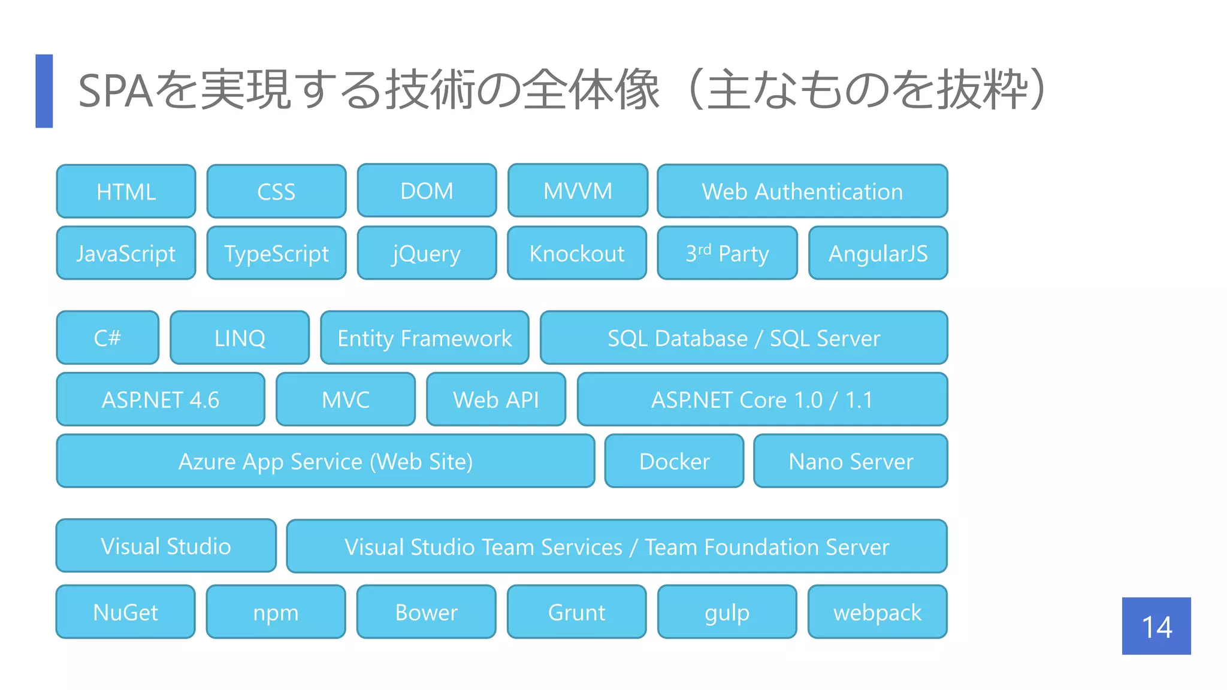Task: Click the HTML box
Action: point(126,192)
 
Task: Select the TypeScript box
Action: point(276,253)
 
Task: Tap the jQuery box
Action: point(427,253)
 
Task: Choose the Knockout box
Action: point(577,253)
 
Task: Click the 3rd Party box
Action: point(727,253)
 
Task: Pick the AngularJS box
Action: point(878,253)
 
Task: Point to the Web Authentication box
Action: point(802,192)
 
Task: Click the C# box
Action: point(108,338)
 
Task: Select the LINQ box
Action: point(240,338)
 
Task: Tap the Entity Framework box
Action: point(425,338)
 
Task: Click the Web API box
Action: point(496,400)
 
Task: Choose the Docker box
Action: point(674,461)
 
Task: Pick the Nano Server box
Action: point(851,461)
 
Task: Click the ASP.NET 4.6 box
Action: point(161,400)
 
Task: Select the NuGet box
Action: point(126,612)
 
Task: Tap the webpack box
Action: point(877,612)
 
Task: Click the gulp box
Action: point(727,612)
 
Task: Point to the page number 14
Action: point(1156,627)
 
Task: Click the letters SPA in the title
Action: point(116,92)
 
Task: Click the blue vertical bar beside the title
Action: point(44,91)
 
